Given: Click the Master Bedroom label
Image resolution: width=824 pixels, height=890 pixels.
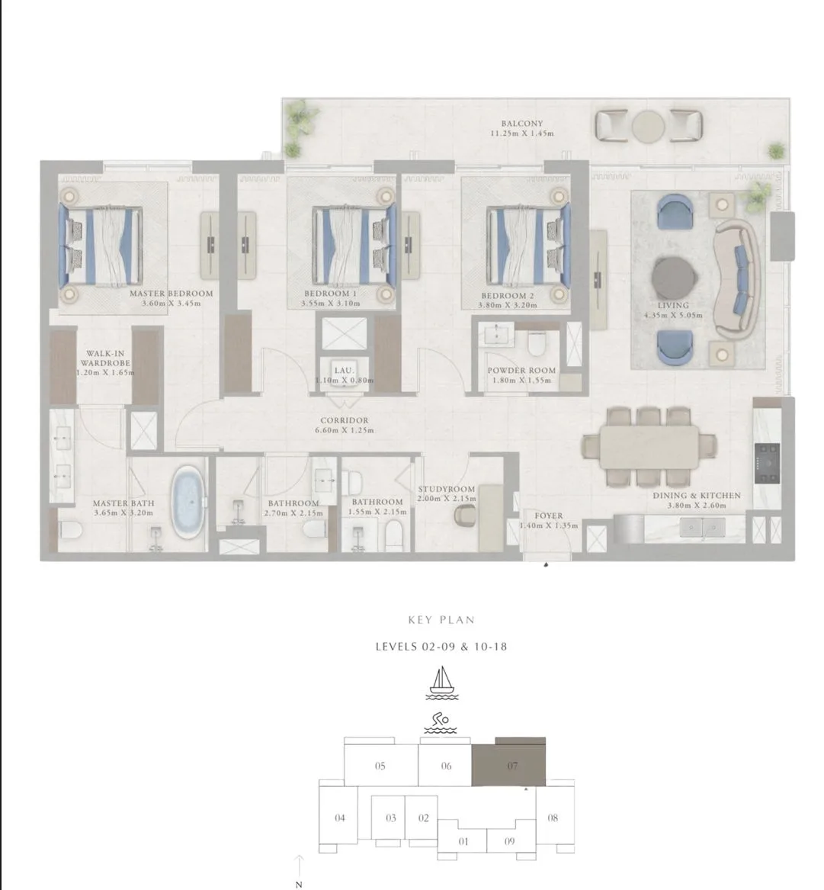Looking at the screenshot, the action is [171, 294].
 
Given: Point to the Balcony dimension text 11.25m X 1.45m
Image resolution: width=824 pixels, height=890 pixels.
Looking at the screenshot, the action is [521, 133].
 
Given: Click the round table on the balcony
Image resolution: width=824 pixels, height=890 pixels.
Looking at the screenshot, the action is [648, 125].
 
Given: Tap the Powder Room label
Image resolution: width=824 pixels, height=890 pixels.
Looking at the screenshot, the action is [521, 370].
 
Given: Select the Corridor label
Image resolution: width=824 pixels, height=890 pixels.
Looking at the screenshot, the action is [344, 420].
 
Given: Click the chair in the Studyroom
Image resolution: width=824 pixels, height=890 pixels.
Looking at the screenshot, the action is [465, 516].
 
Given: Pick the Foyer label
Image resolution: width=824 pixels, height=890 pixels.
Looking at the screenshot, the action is [549, 516].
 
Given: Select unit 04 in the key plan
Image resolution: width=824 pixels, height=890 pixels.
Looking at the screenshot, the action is [338, 818].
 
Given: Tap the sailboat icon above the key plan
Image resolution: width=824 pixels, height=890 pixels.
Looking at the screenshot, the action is [442, 683].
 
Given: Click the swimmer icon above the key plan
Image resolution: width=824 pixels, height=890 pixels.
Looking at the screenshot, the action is [441, 722].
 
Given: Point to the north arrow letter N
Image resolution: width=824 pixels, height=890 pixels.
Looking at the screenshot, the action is [299, 885].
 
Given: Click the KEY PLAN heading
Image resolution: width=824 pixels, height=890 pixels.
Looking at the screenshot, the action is [441, 620].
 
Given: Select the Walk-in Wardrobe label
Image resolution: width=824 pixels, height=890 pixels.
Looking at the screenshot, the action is [105, 358].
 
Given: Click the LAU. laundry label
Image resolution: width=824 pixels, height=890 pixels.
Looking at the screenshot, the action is [344, 370].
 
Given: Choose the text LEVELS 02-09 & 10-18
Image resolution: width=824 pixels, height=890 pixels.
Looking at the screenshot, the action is [441, 646].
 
